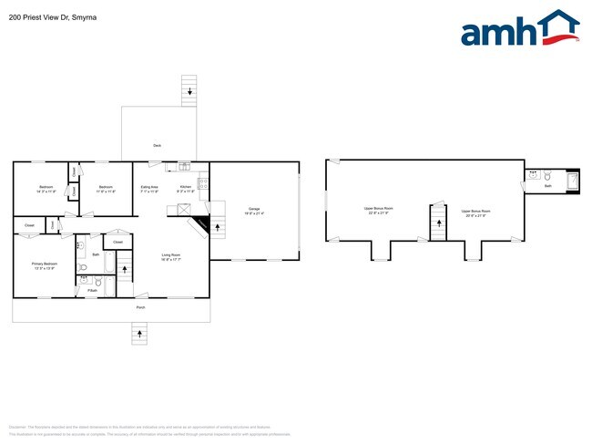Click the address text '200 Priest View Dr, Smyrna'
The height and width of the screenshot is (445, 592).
(54, 16)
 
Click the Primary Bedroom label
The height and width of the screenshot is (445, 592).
(45, 265)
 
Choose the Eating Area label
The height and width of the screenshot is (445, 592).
(149, 189)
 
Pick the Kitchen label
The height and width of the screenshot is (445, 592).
(185, 189)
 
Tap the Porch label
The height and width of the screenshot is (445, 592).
(140, 307)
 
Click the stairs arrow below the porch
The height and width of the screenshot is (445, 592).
(140, 334)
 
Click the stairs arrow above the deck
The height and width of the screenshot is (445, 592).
(189, 91)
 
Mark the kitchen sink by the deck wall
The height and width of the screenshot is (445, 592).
(184, 166)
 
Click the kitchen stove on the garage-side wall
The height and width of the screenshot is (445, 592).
(205, 183)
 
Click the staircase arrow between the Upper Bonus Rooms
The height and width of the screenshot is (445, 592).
(436, 222)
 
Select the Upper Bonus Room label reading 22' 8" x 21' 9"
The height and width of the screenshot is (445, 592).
(378, 211)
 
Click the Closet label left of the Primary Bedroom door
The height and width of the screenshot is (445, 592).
(29, 224)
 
